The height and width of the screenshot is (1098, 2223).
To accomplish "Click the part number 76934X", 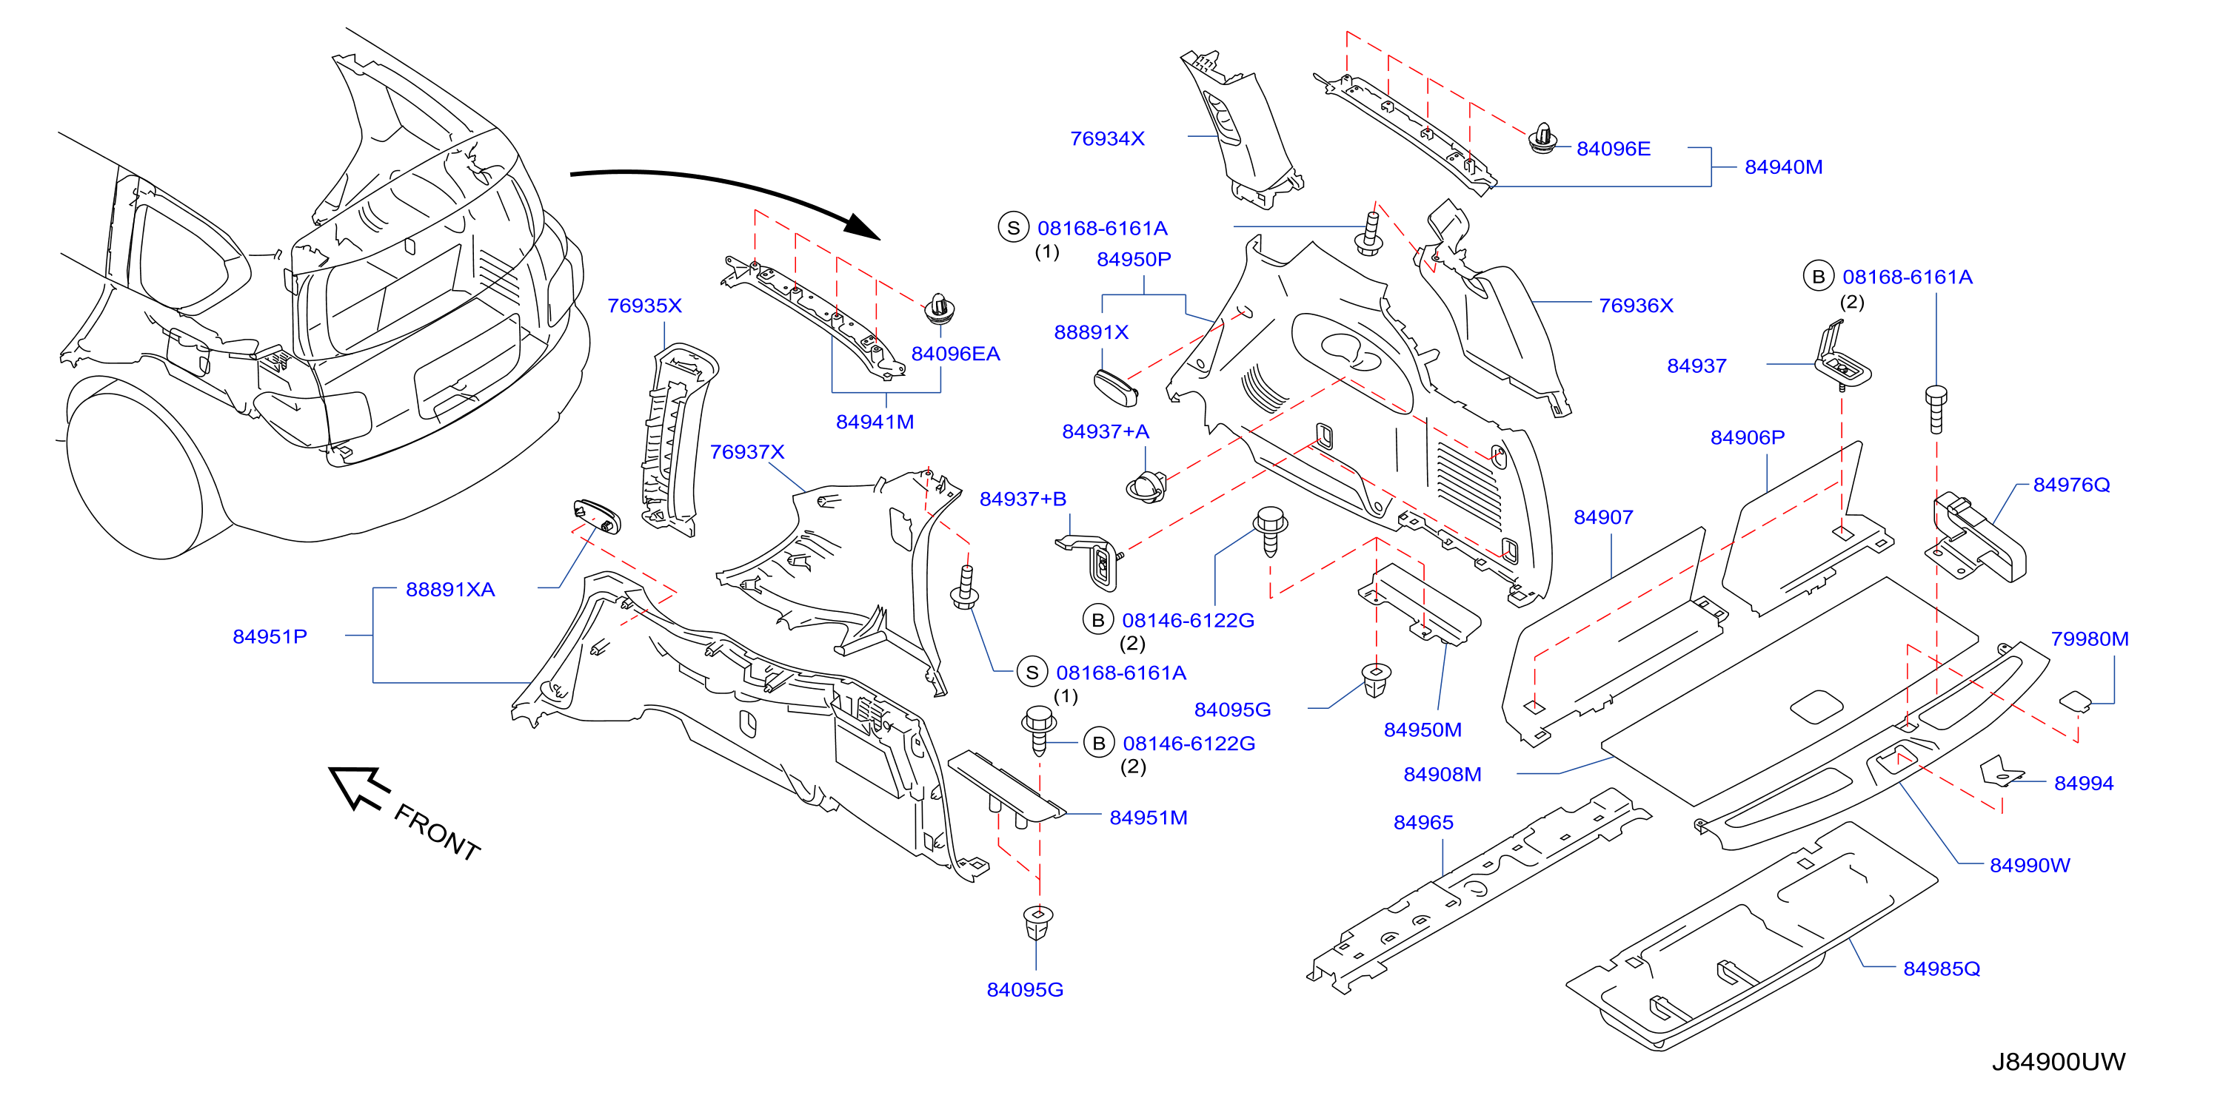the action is point(1107,138).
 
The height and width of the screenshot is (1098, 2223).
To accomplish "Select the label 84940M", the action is point(1784,166).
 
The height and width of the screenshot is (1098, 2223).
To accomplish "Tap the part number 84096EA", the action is point(955,354).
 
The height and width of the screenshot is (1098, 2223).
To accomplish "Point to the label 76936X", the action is point(1637,306).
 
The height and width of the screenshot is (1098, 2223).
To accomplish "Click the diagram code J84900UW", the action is point(2058,1062).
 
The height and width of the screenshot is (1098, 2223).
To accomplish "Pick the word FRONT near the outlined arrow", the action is point(438,832).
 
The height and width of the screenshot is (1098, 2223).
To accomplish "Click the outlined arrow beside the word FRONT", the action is point(359,787).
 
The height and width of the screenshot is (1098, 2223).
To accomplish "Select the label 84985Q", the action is point(1942,969).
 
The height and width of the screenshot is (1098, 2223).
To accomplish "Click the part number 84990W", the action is point(2030,865).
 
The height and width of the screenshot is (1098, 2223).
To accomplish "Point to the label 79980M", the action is point(2089,639).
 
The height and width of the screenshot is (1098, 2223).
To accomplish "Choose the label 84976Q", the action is point(2071,485).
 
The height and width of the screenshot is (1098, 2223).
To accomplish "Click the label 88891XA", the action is point(450,589).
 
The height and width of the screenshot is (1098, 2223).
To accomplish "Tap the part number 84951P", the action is point(270,636).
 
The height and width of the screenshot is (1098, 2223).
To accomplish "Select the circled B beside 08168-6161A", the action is point(1818,276).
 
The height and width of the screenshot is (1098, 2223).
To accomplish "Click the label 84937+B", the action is point(1023,499).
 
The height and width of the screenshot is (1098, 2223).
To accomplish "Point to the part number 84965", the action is point(1423,823).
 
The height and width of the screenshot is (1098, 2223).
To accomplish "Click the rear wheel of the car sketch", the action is point(138,470).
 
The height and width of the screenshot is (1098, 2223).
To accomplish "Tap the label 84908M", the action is point(1442,775).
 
